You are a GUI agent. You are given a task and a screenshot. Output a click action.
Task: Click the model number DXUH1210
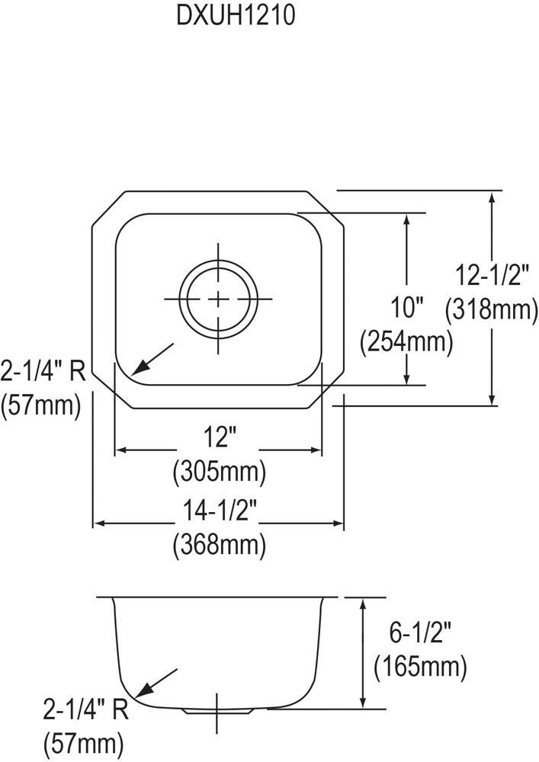tap(236, 15)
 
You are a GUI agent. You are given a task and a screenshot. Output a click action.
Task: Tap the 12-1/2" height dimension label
tap(492, 276)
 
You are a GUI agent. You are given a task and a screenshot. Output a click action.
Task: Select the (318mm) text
tap(492, 309)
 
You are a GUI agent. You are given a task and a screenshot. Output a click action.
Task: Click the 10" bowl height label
tap(407, 308)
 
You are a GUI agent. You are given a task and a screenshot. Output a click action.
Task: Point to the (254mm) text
tap(406, 341)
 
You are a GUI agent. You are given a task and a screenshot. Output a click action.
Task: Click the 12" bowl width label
tap(220, 437)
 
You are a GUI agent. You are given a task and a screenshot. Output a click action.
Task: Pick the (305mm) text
tap(220, 470)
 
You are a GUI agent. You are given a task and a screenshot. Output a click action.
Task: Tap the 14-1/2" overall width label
tap(220, 511)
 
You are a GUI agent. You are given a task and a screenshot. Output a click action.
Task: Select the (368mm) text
tap(220, 544)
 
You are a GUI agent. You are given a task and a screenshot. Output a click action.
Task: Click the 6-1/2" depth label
tap(420, 632)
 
